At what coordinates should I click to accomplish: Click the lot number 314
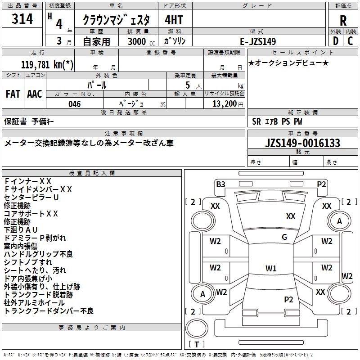(x=22, y=19)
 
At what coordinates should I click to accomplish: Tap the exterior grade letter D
(x=335, y=40)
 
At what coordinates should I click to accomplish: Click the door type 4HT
(x=173, y=20)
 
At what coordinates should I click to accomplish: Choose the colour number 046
(x=75, y=104)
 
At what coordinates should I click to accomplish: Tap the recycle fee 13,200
(x=224, y=104)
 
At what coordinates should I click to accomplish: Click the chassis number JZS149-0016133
(x=302, y=143)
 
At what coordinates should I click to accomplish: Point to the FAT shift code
(x=13, y=94)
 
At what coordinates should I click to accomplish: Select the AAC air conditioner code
(x=35, y=94)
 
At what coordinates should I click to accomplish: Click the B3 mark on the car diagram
(x=220, y=184)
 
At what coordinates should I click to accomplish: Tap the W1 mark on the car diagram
(x=270, y=269)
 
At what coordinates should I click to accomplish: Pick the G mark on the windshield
(x=284, y=237)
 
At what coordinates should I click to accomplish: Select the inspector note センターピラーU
(x=31, y=198)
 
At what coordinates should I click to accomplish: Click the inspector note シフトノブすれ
(x=28, y=262)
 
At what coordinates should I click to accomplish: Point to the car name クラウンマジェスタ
(x=119, y=20)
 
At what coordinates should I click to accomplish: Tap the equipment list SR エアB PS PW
(x=277, y=121)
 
